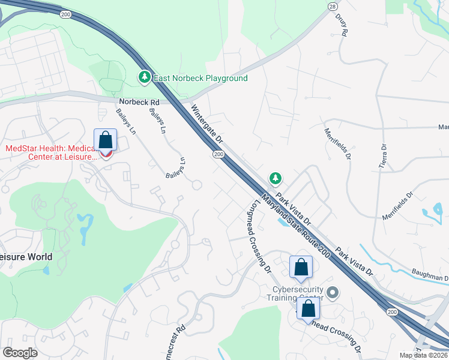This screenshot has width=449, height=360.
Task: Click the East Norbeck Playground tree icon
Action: (145, 77)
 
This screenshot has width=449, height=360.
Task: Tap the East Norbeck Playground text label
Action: (200, 79)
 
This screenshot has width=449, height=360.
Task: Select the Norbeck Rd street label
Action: (139, 102)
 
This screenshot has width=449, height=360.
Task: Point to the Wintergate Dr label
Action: (208, 124)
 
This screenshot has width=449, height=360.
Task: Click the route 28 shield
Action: (332, 5)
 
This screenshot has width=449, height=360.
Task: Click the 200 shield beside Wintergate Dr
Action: (218, 154)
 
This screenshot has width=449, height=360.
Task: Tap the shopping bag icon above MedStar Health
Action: (106, 140)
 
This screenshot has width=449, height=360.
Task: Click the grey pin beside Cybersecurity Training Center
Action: (334, 293)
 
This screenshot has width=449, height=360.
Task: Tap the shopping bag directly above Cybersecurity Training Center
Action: (301, 267)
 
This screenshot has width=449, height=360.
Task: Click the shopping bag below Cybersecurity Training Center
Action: (309, 309)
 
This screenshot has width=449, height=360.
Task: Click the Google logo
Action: (20, 353)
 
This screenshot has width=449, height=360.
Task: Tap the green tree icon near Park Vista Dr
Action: (275, 178)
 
